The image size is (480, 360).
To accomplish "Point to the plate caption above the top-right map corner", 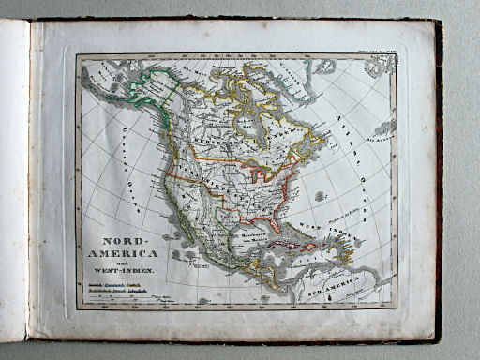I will pos(374,48).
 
